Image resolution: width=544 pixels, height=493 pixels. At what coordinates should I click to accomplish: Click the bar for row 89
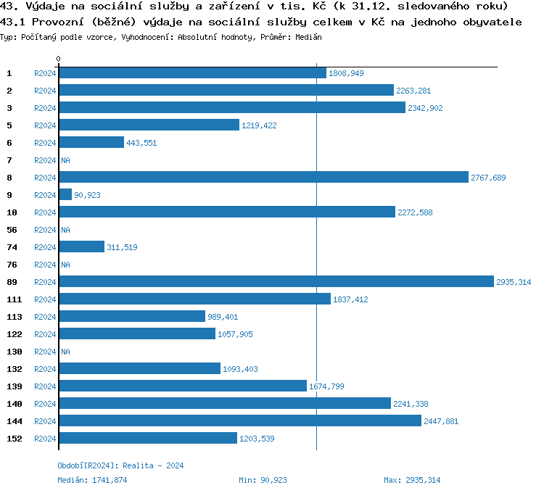tap(276, 282)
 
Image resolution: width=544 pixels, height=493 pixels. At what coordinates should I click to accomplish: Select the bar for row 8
tap(263, 178)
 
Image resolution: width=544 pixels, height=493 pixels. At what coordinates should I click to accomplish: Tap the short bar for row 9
tap(65, 195)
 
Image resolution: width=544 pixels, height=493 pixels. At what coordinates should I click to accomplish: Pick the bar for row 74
tap(81, 247)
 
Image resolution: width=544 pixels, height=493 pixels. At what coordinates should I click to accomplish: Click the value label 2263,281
tap(413, 91)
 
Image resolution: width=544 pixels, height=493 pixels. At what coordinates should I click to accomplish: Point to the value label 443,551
tap(141, 143)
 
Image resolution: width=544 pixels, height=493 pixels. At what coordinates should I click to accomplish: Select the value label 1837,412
tap(350, 299)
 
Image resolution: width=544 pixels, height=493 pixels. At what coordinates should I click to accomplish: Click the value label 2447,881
tap(441, 421)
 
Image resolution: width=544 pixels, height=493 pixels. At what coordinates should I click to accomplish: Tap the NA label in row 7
tap(65, 160)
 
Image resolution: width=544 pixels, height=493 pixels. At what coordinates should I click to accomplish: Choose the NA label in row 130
tap(65, 352)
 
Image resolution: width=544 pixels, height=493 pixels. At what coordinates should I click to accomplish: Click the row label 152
tap(14, 439)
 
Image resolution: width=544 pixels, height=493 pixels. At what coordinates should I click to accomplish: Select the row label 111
tap(14, 299)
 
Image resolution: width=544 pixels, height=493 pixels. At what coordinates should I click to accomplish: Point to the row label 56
tap(12, 230)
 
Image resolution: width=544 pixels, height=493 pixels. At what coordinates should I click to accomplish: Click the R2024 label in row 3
tap(45, 108)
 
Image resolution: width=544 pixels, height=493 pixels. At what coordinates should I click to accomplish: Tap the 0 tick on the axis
tap(59, 59)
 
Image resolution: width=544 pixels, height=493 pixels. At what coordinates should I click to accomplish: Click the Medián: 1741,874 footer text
tap(92, 480)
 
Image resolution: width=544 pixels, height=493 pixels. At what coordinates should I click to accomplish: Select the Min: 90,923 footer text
tap(263, 480)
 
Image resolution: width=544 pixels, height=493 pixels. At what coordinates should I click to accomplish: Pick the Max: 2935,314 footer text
tap(412, 480)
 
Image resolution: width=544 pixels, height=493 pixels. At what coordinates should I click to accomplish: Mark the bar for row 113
tap(132, 317)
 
